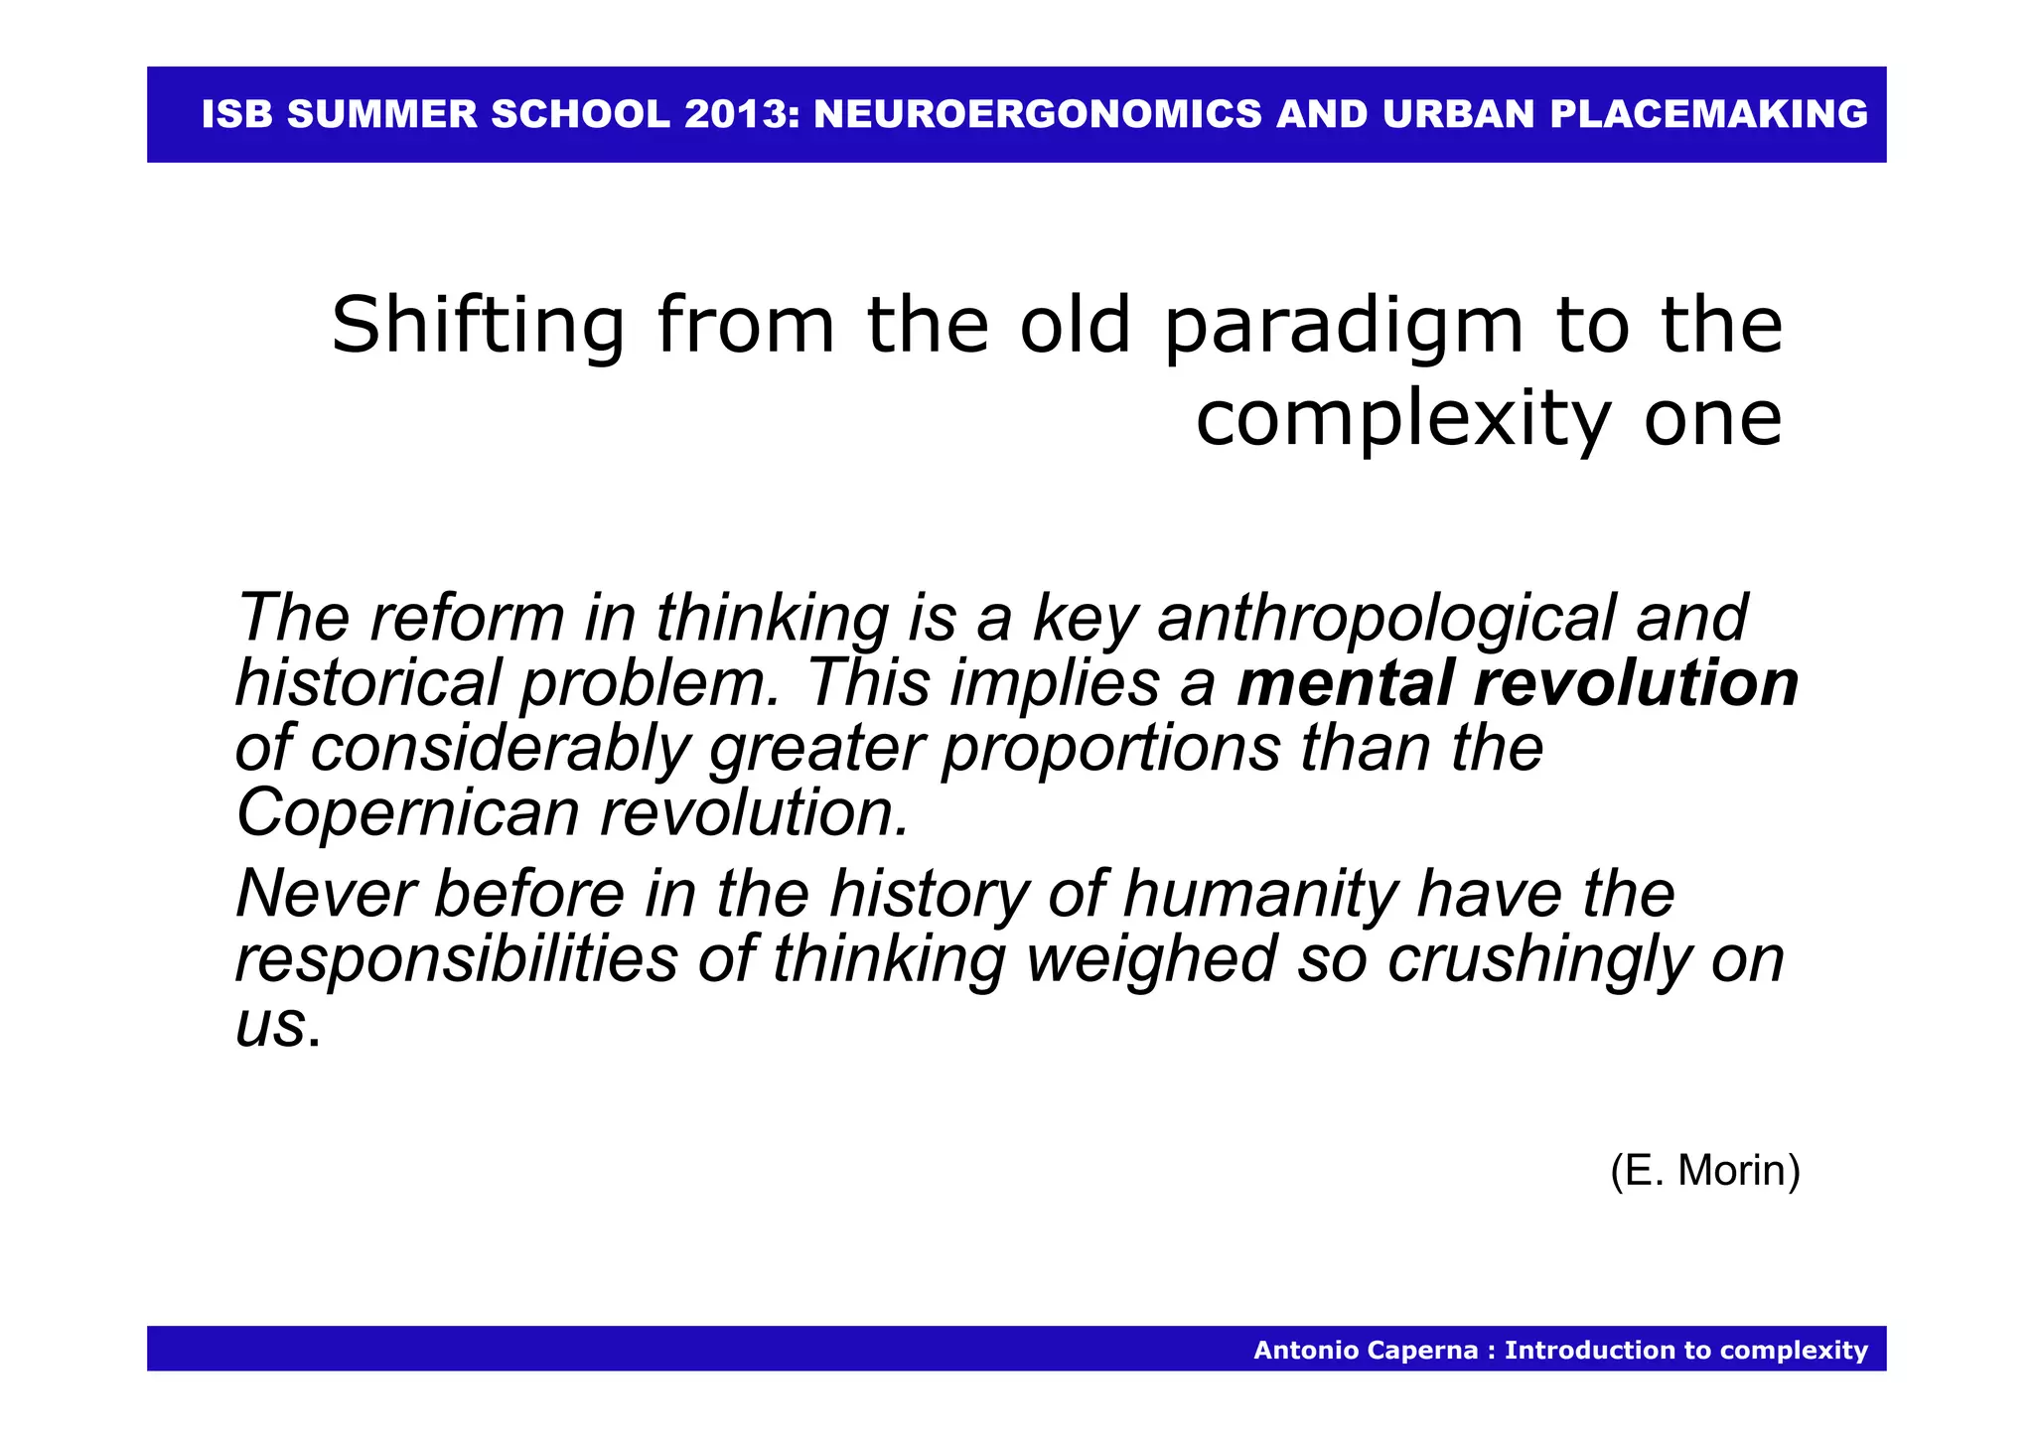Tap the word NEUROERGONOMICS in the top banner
[x=1038, y=114]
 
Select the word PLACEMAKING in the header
[x=1708, y=114]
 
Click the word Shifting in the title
[x=478, y=327]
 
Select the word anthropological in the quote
[x=1386, y=619]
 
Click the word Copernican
[x=407, y=813]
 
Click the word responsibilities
[x=456, y=959]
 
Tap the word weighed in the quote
[x=1151, y=961]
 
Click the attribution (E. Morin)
[x=1704, y=1171]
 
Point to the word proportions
[x=1111, y=749]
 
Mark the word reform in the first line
[x=467, y=618]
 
